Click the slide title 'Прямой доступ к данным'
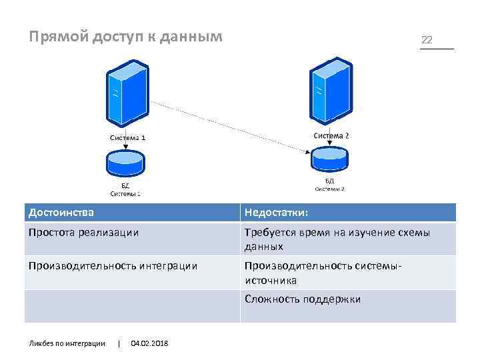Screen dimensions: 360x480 pos(125,37)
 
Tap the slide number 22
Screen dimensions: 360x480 pos(427,40)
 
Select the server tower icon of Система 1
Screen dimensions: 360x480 pos(126,93)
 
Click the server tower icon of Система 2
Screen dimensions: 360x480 pos(330,91)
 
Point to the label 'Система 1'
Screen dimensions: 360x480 pos(127,138)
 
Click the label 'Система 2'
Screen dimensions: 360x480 pos(331,135)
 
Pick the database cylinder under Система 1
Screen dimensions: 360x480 pos(125,163)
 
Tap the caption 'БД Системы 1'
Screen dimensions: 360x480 pos(125,189)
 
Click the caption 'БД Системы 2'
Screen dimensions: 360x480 pos(329,185)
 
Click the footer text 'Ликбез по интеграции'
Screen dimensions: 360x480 pos(67,343)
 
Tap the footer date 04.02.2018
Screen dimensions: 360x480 pos(150,343)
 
